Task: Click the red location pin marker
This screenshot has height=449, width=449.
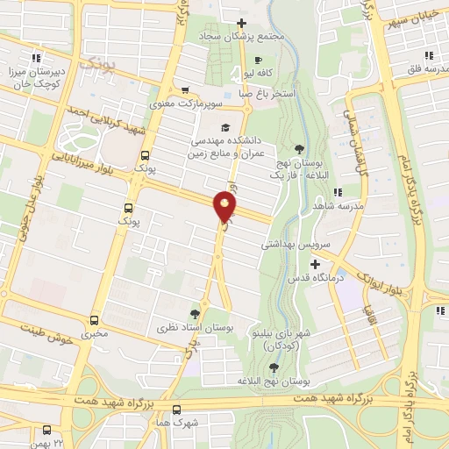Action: point(225,207)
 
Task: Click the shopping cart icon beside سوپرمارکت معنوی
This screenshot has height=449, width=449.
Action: point(185,89)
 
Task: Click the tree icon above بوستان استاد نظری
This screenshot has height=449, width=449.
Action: point(195,313)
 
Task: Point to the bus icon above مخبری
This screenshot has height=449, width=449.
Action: point(94,320)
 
